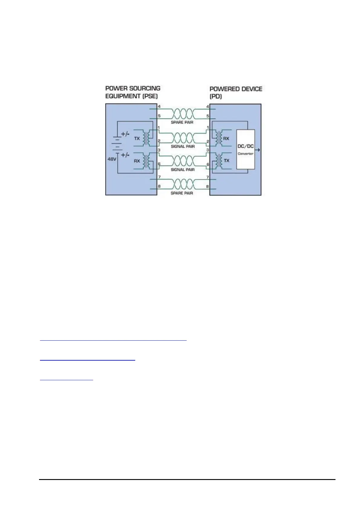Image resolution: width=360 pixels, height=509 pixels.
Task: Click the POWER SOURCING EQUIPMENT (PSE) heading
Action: pyautogui.click(x=133, y=92)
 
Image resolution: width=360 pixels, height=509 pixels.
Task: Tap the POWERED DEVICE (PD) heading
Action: pyautogui.click(x=236, y=92)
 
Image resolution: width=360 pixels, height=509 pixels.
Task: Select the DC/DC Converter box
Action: pyautogui.click(x=245, y=149)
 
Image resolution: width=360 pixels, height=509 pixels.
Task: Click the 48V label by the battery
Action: pyautogui.click(x=112, y=159)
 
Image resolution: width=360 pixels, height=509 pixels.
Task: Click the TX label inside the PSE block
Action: pyautogui.click(x=137, y=138)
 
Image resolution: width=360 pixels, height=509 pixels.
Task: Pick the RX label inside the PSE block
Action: pyautogui.click(x=137, y=161)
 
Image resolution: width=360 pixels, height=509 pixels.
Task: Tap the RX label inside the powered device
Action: pyautogui.click(x=226, y=138)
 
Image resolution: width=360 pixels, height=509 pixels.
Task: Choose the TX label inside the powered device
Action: pyautogui.click(x=226, y=160)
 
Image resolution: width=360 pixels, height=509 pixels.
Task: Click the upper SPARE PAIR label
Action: pyautogui.click(x=182, y=122)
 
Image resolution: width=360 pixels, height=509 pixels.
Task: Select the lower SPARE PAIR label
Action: pyautogui.click(x=182, y=193)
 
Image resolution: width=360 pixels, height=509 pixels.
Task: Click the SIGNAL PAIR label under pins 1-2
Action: pyautogui.click(x=183, y=146)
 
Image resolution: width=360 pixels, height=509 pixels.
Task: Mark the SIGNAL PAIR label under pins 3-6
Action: pyautogui.click(x=183, y=170)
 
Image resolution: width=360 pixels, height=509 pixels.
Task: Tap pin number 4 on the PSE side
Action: pyautogui.click(x=159, y=106)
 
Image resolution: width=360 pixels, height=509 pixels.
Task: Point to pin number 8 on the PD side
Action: pyautogui.click(x=208, y=186)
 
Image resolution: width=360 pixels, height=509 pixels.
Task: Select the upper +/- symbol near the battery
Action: pyautogui.click(x=125, y=134)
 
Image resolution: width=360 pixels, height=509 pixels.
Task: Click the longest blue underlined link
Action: pyautogui.click(x=113, y=340)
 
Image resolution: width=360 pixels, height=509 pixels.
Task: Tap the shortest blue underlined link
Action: pyautogui.click(x=67, y=379)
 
